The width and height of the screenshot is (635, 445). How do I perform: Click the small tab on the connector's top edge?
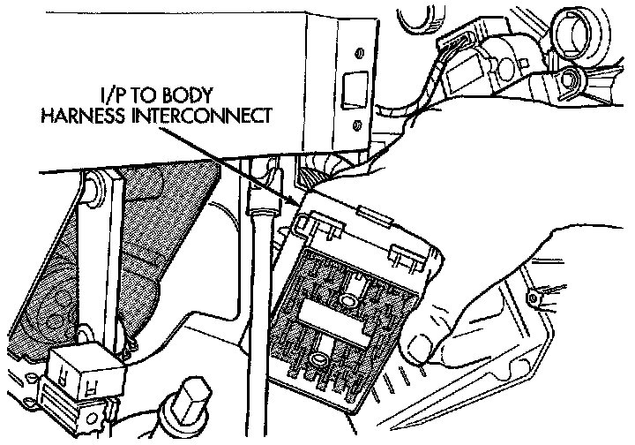[x=370, y=213]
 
